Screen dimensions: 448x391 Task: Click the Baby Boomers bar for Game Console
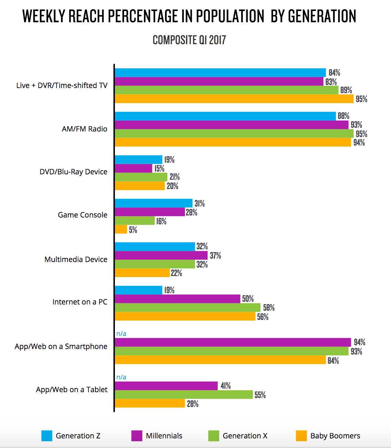tap(121, 229)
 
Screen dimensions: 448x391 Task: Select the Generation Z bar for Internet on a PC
tap(139, 290)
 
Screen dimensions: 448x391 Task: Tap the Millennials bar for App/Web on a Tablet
tap(166, 386)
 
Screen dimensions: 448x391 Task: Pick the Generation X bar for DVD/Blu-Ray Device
tap(141, 177)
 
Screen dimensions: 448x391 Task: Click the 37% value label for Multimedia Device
tap(215, 256)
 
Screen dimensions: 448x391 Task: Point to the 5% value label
tap(133, 230)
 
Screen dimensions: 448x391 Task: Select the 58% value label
tap(269, 308)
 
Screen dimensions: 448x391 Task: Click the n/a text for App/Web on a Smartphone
tap(121, 334)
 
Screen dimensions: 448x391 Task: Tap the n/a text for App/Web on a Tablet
tap(121, 377)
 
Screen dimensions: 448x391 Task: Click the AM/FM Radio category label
tap(84, 129)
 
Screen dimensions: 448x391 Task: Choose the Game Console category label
tap(82, 215)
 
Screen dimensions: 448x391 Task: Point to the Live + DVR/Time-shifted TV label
tap(62, 86)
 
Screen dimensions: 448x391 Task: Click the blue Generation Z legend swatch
tap(47, 436)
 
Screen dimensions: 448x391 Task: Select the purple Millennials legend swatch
tap(137, 436)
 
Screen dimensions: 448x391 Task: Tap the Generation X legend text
tap(245, 436)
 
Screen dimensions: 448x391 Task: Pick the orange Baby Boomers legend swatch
tap(301, 436)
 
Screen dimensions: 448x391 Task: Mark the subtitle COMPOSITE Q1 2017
tap(189, 40)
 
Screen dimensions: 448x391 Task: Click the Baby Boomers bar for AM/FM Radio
tap(233, 142)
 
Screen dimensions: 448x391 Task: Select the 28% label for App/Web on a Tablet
tap(193, 404)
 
